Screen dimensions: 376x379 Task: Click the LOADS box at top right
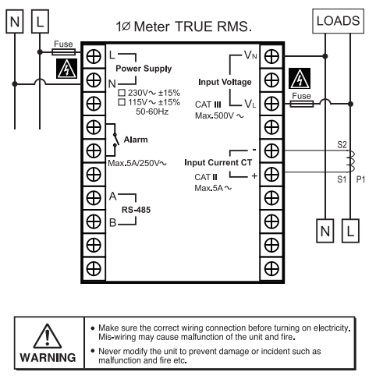[x=338, y=21]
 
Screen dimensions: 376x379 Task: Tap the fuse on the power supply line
[x=64, y=52]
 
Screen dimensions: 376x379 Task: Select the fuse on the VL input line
[x=302, y=104]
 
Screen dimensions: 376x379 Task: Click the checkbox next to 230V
[x=122, y=93]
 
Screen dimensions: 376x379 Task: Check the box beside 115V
[x=122, y=102]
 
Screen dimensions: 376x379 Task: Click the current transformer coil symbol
[x=351, y=161]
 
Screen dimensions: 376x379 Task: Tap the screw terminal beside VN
[x=271, y=56]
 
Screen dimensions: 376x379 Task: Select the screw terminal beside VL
[x=271, y=104]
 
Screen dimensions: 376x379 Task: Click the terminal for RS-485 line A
[x=94, y=198]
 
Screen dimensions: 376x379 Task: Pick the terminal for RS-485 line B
[x=94, y=221]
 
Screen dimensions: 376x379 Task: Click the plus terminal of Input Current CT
[x=271, y=175]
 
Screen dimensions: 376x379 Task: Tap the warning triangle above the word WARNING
[x=48, y=336]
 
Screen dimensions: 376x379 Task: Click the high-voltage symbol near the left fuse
[x=67, y=69]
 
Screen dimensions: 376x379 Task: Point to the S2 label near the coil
[x=342, y=144]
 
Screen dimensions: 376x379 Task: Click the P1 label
[x=360, y=179]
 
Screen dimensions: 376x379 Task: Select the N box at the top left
[x=15, y=22]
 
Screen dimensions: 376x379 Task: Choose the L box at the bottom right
[x=350, y=231]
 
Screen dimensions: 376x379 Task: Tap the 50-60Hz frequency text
[x=152, y=112]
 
